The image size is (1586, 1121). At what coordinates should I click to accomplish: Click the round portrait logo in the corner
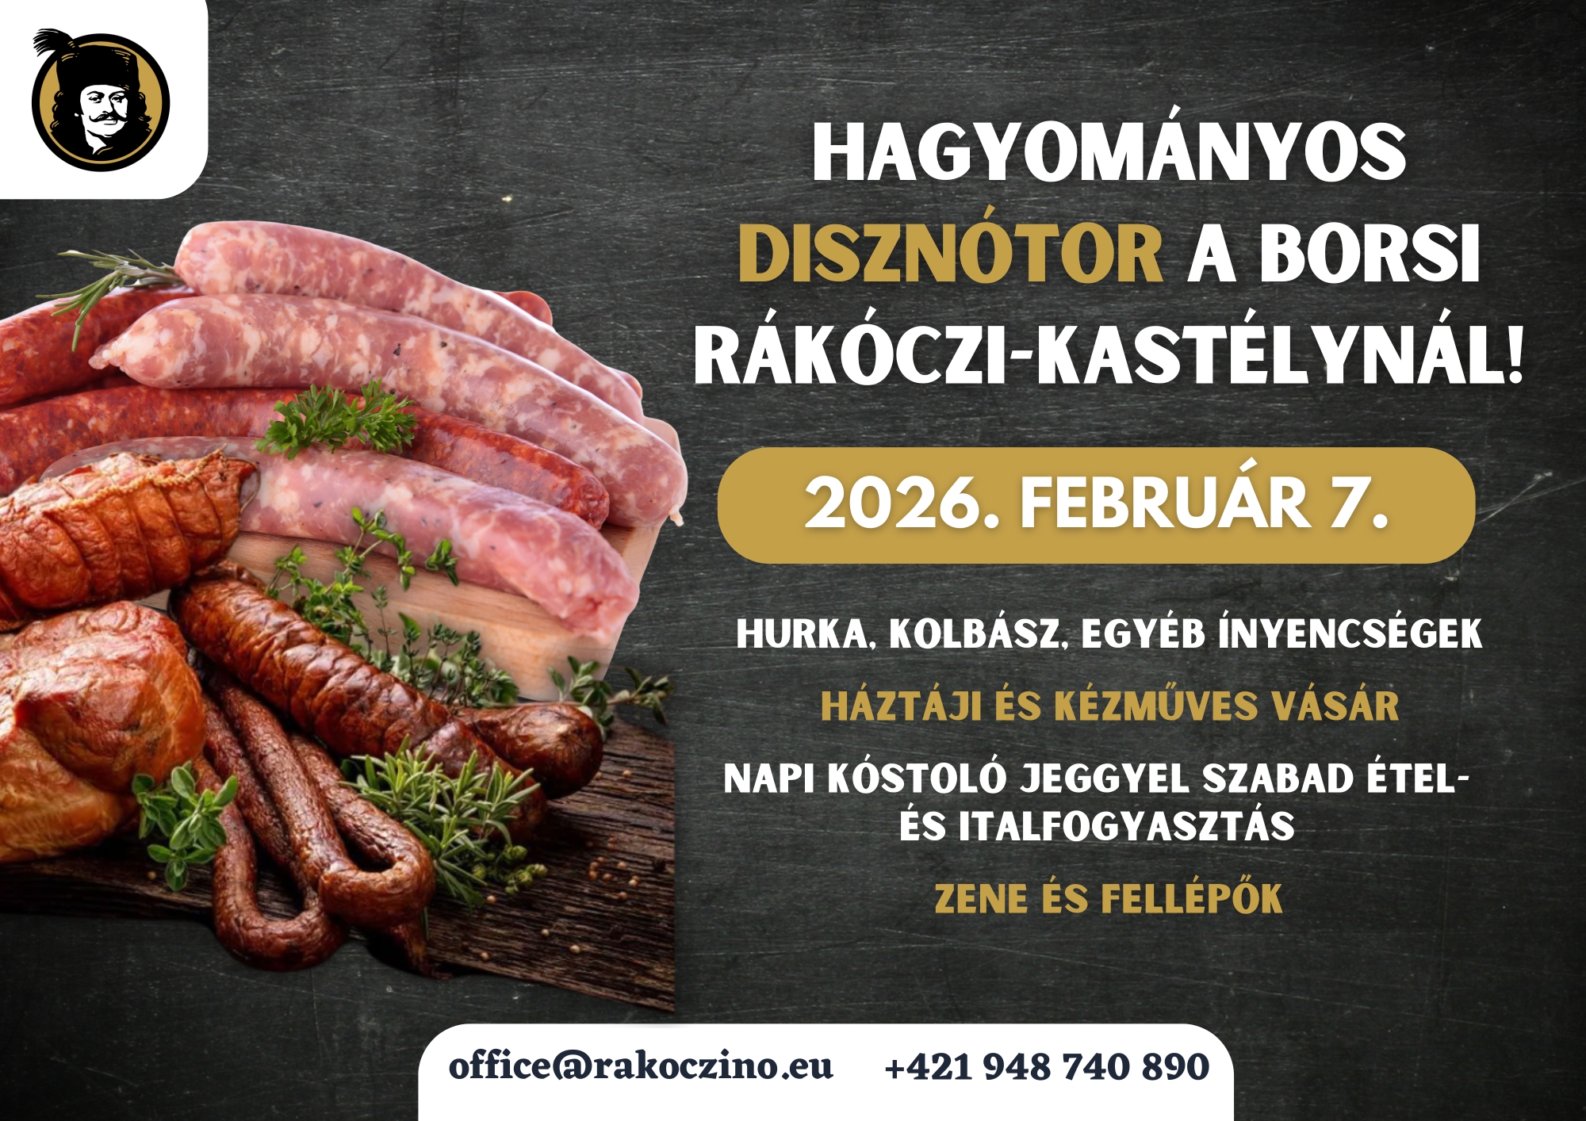coord(100,101)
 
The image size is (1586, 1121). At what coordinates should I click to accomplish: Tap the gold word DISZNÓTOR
coord(951,254)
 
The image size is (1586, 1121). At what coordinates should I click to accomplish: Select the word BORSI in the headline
coord(1370,254)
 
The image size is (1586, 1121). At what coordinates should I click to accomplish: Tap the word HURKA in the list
coord(802,633)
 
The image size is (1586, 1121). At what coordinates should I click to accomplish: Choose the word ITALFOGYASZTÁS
coord(1126,827)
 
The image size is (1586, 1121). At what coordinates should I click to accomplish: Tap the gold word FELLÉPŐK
coord(1192,898)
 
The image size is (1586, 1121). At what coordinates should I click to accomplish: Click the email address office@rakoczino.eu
coord(641,1066)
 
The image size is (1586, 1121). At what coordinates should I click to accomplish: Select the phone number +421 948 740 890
coord(1047,1067)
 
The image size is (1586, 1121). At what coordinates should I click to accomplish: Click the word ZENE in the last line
coord(981,899)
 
